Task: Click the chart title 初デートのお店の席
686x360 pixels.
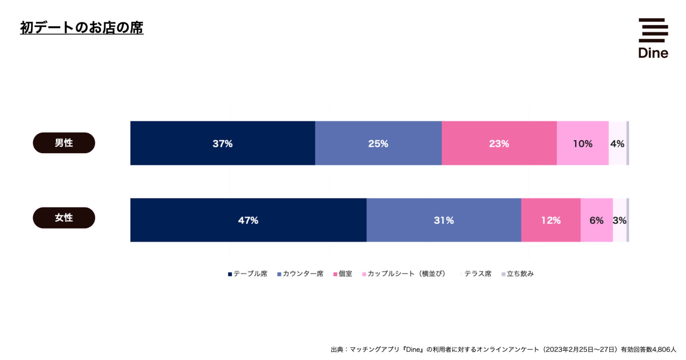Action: click(x=82, y=28)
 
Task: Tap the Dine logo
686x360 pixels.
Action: click(x=653, y=38)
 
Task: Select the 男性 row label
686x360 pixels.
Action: click(x=64, y=143)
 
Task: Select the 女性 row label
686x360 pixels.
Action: click(x=64, y=218)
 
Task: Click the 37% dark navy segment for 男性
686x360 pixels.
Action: click(x=222, y=143)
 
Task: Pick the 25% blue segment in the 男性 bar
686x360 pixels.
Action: click(x=378, y=143)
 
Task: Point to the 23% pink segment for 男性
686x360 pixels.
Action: click(x=499, y=143)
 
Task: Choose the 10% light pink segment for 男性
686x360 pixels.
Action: click(x=583, y=143)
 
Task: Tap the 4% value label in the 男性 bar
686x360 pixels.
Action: click(x=617, y=143)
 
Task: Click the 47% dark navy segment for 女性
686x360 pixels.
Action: click(x=248, y=220)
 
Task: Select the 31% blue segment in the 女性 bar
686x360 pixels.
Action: click(x=444, y=220)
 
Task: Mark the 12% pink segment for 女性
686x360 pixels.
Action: click(x=551, y=220)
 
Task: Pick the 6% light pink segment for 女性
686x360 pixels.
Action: click(x=596, y=220)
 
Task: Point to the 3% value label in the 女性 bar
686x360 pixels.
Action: click(x=619, y=220)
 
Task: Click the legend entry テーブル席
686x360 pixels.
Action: click(x=248, y=274)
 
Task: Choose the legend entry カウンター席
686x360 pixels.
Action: click(x=300, y=274)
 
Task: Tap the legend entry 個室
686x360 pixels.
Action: click(x=343, y=274)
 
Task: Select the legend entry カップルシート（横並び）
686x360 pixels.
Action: click(x=404, y=274)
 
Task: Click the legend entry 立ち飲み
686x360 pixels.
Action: click(x=517, y=274)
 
